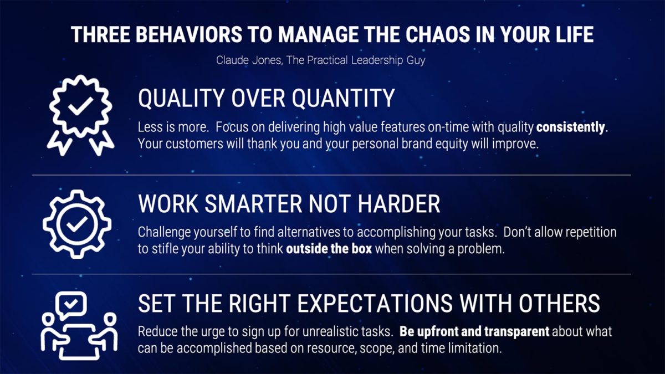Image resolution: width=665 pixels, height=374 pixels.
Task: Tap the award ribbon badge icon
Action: [x=77, y=111]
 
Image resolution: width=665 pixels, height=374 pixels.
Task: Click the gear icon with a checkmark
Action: [x=77, y=223]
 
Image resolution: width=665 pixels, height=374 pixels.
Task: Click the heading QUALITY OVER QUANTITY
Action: [x=266, y=99]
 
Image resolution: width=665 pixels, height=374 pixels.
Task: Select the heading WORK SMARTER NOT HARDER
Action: [x=289, y=204]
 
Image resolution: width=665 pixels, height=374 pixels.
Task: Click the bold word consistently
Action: [x=571, y=127]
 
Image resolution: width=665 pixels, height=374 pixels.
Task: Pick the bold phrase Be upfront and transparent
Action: [x=474, y=332]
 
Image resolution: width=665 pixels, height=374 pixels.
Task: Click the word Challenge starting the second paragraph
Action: [x=161, y=232]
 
